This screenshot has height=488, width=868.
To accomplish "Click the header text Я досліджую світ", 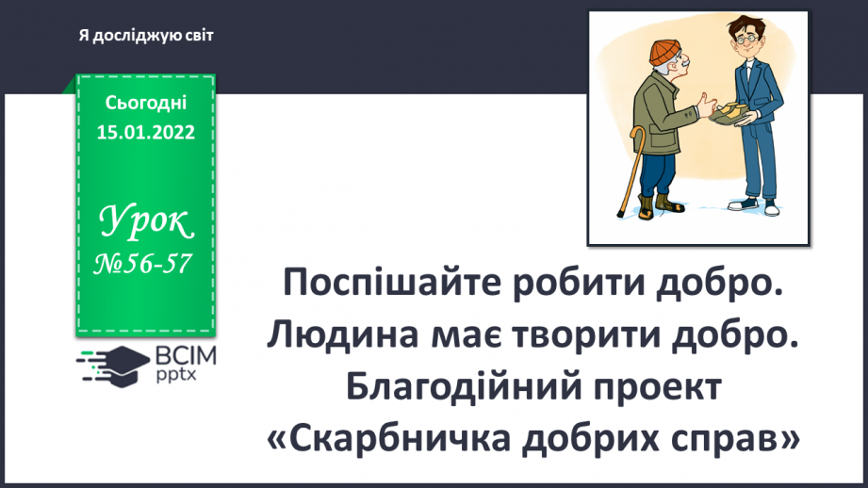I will pos(147,35).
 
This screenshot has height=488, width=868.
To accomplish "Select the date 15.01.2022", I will pos(146,132).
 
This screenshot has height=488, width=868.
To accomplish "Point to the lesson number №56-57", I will pos(146,267).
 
